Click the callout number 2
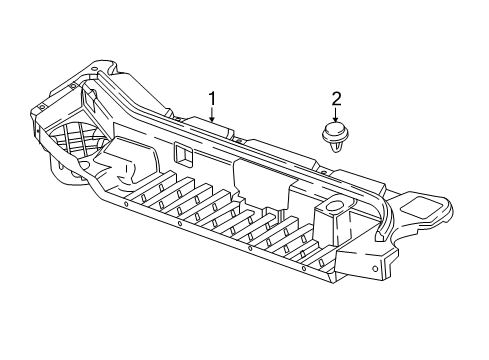point(336,98)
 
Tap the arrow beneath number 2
point(336,114)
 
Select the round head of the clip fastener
point(335,132)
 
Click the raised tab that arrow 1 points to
point(212,126)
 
